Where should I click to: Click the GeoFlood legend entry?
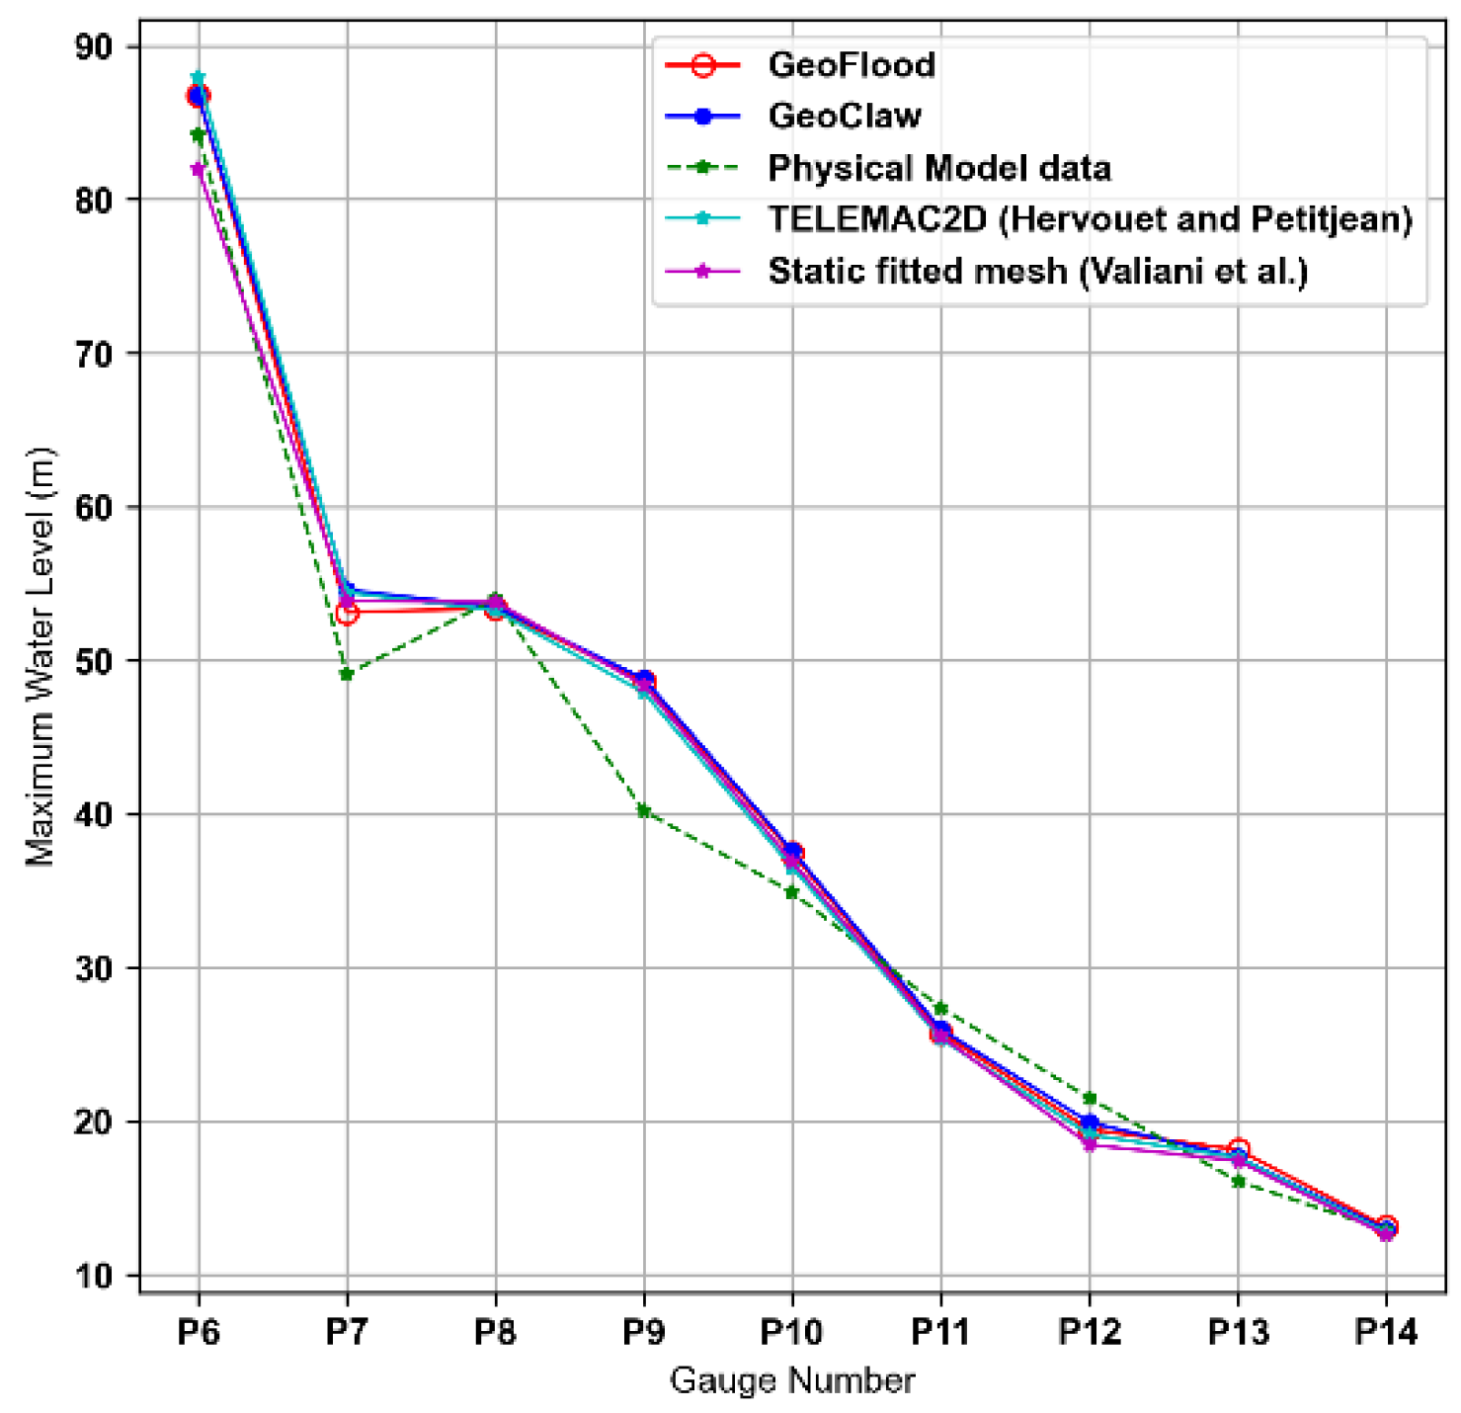point(851,65)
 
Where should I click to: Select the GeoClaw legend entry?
point(844,116)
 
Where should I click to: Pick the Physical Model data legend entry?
point(938,168)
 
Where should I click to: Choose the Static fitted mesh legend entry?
point(1037,271)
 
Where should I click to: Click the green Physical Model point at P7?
point(347,674)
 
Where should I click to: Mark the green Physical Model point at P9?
point(644,811)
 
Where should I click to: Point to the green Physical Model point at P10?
point(792,892)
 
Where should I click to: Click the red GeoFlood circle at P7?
point(347,614)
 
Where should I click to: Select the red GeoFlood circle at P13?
point(1239,1149)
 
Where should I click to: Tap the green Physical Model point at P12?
point(1090,1098)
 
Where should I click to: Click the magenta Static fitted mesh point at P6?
point(199,169)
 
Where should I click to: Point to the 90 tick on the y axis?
point(94,46)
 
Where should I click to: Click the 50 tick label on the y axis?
point(94,660)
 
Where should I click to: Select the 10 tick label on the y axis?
point(94,1276)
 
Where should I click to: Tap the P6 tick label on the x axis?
point(199,1333)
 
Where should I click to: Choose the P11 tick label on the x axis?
point(940,1333)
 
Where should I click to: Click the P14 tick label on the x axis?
point(1386,1333)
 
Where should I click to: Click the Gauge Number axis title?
point(792,1380)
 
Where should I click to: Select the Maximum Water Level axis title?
point(41,657)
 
